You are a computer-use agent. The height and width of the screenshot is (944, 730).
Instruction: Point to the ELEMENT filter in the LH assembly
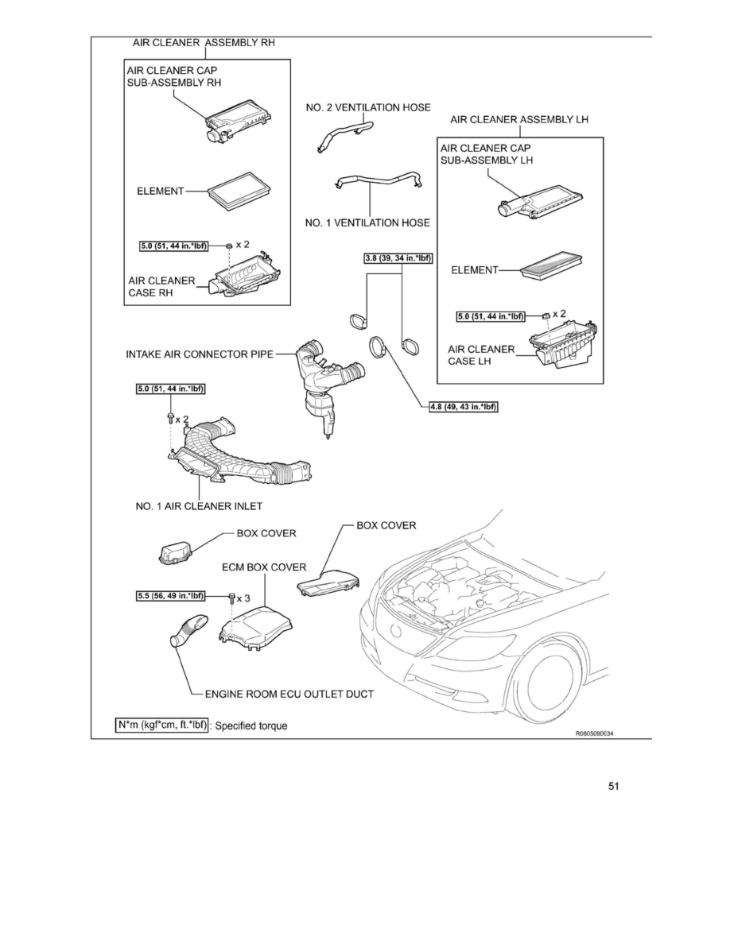click(x=550, y=267)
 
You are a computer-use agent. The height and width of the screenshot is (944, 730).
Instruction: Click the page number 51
click(x=612, y=787)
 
